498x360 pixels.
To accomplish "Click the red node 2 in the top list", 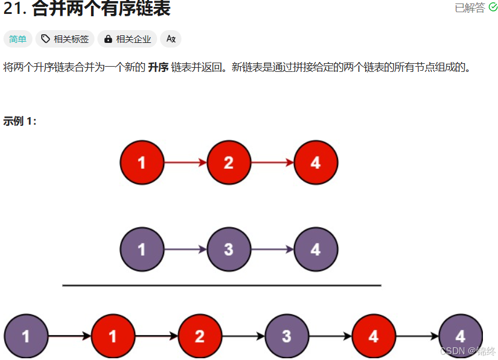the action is [x=228, y=163].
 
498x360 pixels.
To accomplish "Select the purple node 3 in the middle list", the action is [x=228, y=250].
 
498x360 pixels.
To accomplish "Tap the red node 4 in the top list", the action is [x=315, y=163].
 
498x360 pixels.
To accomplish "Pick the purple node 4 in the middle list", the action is [x=315, y=250].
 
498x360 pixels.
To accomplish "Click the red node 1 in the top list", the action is [x=142, y=163].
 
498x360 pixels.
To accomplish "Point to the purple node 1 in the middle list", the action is [x=142, y=250].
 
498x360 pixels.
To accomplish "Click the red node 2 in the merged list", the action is [x=199, y=336].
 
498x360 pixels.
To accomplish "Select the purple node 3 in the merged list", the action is [x=286, y=336].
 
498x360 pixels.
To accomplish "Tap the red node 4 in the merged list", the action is [x=373, y=336].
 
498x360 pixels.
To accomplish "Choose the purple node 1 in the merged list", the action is [x=26, y=336].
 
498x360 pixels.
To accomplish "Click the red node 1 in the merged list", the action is [x=113, y=336].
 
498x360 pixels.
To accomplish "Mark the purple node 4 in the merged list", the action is [x=460, y=336].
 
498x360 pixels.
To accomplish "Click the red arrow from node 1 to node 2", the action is [x=186, y=163].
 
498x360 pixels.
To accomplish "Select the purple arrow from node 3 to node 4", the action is [x=272, y=250].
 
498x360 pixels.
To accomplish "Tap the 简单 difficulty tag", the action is [x=18, y=39].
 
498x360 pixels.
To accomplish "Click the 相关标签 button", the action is [x=65, y=39].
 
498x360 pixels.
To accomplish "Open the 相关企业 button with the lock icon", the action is [x=128, y=39].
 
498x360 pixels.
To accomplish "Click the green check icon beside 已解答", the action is [x=493, y=8].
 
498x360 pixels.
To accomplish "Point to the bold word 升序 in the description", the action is [x=158, y=67].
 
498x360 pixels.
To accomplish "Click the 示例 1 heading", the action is [x=20, y=121].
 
